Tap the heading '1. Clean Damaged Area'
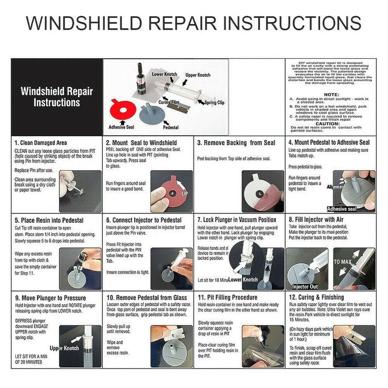click(41, 143)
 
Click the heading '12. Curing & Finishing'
click(316, 297)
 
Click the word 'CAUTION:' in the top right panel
click(331, 123)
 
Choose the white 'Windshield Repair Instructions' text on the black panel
click(56, 97)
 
